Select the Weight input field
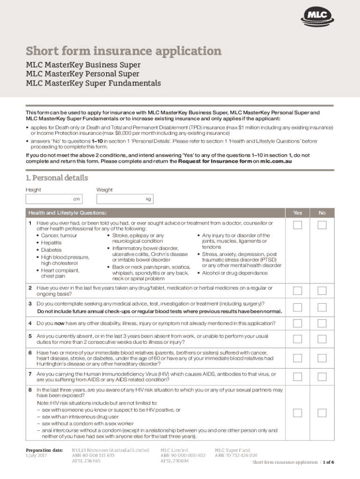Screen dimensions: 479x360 click(124, 199)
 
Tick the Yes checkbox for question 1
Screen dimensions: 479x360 click(297, 225)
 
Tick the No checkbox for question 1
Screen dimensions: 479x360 click(322, 225)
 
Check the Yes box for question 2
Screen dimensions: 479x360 click(297, 291)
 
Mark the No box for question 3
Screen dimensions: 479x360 click(322, 307)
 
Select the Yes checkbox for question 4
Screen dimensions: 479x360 click(297, 324)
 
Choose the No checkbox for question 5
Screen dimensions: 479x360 click(322, 340)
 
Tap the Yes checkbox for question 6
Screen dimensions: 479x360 click(297, 358)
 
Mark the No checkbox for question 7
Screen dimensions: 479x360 click(322, 377)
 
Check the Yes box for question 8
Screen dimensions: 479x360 click(297, 413)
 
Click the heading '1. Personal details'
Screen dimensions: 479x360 click(57, 178)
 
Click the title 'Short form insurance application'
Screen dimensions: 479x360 click(123, 51)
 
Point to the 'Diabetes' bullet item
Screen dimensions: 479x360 click(51, 250)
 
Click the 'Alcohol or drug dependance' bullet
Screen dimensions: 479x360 click(235, 273)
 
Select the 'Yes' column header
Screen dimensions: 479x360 click(297, 213)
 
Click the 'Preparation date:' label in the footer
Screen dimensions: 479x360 click(44, 450)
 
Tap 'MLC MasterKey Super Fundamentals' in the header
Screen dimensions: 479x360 click(93, 83)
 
